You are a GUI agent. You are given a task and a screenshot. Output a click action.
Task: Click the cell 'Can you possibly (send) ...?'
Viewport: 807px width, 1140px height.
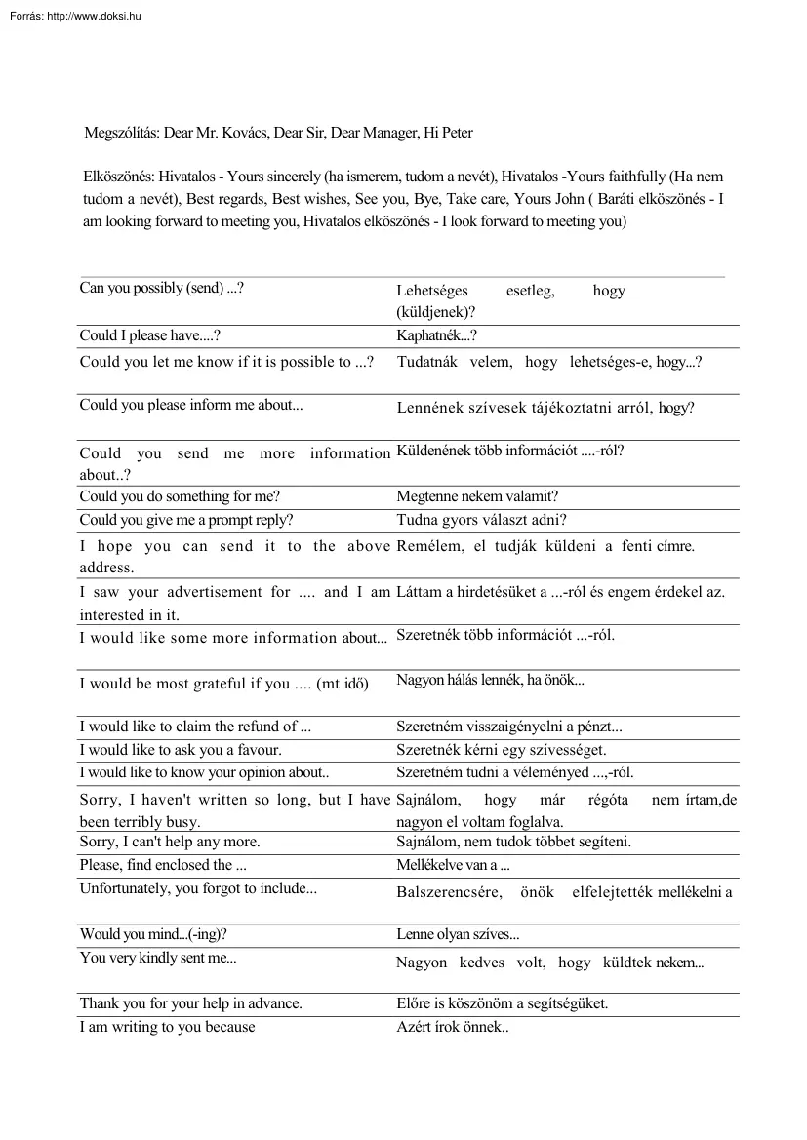tap(161, 289)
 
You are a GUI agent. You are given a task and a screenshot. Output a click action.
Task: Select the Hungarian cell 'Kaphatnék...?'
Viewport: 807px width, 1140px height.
tap(436, 336)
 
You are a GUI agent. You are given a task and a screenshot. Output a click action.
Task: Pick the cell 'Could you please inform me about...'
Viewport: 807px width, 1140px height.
tap(191, 406)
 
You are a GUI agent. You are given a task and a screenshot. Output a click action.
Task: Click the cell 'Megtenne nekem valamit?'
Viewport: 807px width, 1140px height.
tap(477, 496)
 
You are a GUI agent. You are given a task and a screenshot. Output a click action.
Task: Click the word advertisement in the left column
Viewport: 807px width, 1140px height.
tap(214, 592)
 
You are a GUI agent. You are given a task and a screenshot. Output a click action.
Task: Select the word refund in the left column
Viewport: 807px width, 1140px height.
tap(256, 727)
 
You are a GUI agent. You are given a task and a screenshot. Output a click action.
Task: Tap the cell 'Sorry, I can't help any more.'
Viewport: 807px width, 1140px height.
tap(170, 842)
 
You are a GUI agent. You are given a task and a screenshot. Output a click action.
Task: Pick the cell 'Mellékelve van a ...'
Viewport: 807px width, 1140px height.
tap(454, 865)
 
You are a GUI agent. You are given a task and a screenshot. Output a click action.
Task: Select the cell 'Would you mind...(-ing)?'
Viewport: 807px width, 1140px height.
tap(153, 934)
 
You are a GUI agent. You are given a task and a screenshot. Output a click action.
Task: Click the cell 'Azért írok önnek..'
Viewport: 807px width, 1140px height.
tap(453, 1027)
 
